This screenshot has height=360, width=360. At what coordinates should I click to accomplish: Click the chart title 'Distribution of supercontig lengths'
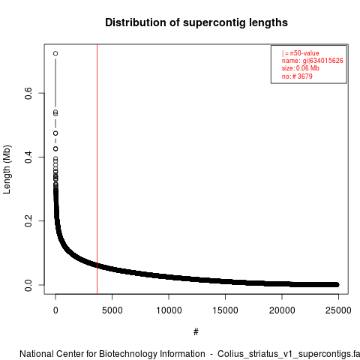tap(196, 22)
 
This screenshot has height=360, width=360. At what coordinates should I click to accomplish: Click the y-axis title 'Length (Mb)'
tap(7, 169)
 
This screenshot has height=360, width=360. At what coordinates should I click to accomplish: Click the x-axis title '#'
tap(196, 332)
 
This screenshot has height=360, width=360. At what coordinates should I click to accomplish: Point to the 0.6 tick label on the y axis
tap(28, 93)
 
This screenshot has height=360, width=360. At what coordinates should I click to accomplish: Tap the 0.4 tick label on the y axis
tap(28, 157)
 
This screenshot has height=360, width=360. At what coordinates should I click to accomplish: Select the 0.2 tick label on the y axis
tap(28, 221)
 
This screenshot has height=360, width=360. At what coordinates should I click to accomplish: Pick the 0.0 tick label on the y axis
tap(28, 285)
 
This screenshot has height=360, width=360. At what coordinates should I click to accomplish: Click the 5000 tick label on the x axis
tap(112, 310)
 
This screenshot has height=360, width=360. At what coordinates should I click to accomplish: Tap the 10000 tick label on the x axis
tap(169, 310)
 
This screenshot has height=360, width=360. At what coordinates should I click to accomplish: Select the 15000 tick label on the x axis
tap(226, 310)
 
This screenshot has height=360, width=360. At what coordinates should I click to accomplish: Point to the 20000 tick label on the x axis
tap(282, 310)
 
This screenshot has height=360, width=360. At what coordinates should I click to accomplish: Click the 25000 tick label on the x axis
tap(338, 310)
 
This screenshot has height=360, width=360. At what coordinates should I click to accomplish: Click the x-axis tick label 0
tap(55, 310)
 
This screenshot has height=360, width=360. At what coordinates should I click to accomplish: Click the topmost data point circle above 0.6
tap(55, 53)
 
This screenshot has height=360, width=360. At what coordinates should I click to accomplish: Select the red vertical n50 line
tap(97, 169)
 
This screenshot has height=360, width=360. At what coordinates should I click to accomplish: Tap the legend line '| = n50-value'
tap(301, 53)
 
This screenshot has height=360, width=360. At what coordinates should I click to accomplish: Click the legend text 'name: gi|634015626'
tap(313, 61)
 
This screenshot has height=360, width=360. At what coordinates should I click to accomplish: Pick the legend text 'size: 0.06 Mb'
tap(301, 68)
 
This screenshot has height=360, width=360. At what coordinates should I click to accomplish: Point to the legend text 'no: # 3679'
tap(297, 76)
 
